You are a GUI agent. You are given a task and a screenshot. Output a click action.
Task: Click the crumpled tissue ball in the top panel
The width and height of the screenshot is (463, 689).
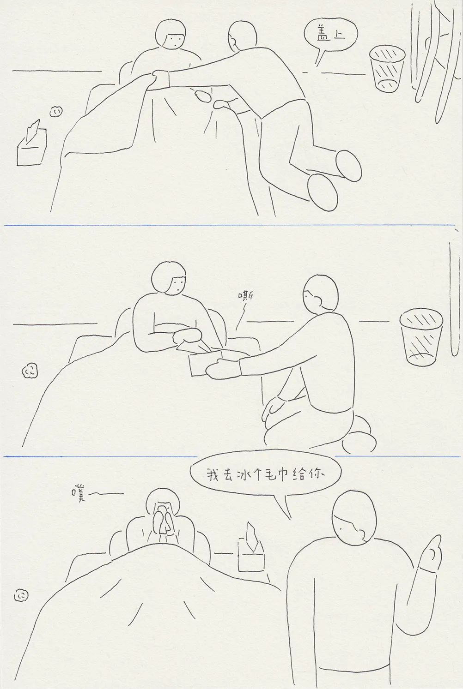[x=56, y=111]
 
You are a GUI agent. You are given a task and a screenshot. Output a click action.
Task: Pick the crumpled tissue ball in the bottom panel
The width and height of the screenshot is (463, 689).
[x=21, y=596]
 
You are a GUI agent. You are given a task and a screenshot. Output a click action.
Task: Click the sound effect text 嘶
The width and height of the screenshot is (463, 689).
[x=246, y=296]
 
